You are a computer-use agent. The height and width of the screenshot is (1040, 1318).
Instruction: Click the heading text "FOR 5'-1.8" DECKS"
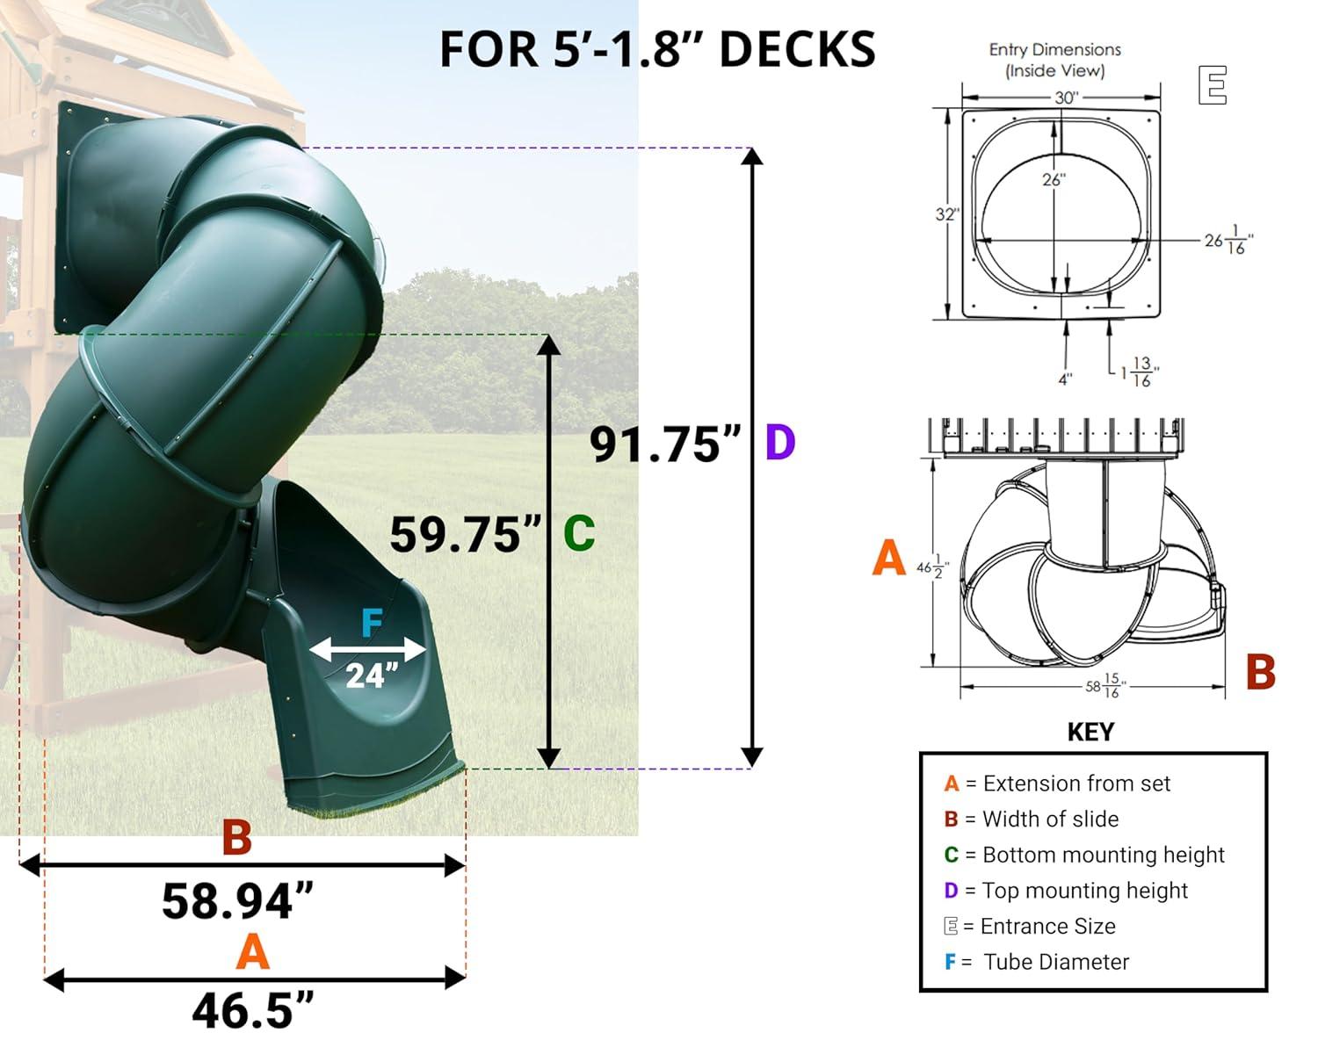657,49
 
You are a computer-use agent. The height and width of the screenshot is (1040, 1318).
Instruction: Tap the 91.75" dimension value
665,444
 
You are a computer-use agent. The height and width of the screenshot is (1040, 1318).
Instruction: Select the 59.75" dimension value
466,534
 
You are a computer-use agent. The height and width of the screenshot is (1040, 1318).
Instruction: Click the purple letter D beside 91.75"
780,443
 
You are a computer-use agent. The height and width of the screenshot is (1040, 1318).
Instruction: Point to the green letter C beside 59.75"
579,533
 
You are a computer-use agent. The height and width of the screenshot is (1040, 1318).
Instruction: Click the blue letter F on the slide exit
372,624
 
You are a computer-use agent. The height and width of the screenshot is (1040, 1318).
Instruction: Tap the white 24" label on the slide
372,675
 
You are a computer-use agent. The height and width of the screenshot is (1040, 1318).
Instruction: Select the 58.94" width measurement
238,901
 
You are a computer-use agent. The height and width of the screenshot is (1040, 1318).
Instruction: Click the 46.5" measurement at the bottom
253,1010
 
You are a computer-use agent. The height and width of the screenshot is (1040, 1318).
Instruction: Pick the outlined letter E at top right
1213,85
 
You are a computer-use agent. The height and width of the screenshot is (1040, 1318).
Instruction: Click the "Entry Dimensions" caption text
1054,60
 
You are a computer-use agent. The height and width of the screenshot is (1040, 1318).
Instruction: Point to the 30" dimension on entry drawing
1065,97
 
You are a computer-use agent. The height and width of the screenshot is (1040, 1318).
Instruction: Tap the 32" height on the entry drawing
946,214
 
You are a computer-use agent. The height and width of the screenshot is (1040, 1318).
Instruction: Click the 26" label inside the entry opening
1053,180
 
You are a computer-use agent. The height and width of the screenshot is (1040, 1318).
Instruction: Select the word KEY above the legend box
1090,733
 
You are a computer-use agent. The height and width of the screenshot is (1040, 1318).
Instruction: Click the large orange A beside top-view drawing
888,559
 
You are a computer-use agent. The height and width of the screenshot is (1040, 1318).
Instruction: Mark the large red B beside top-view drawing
1260,673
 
